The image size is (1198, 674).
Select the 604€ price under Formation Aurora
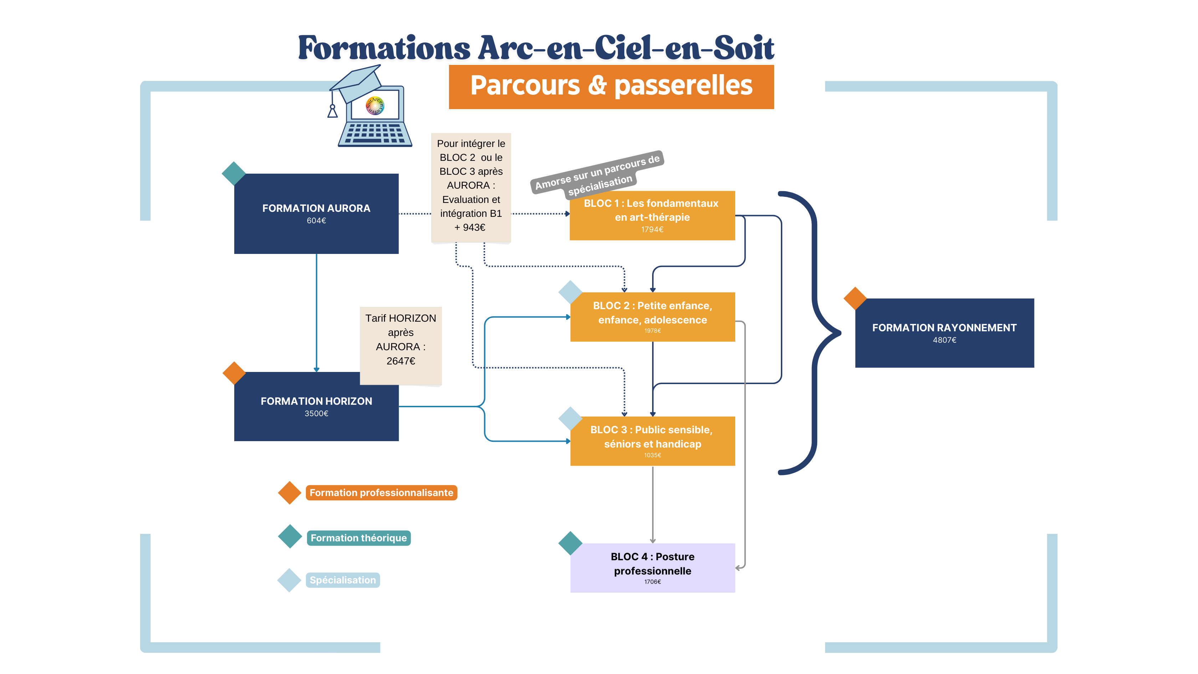[316, 220]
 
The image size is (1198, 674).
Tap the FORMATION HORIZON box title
[316, 401]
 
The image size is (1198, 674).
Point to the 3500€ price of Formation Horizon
[316, 414]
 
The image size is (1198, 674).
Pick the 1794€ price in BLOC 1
[652, 229]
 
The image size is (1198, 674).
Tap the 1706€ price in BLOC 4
[652, 582]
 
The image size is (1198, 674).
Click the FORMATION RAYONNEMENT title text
[944, 328]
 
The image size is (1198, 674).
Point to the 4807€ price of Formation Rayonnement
[944, 340]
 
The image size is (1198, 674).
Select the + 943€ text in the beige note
[470, 228]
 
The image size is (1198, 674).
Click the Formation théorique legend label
[359, 538]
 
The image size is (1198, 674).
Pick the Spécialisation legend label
[343, 580]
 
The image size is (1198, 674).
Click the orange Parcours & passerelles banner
[611, 87]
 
